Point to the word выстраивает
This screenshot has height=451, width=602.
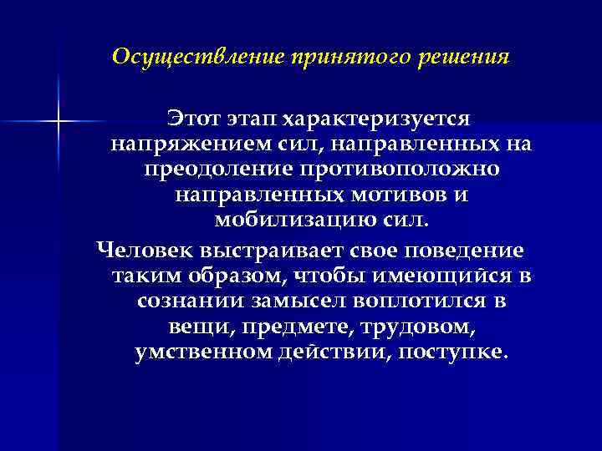pyautogui.click(x=268, y=250)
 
